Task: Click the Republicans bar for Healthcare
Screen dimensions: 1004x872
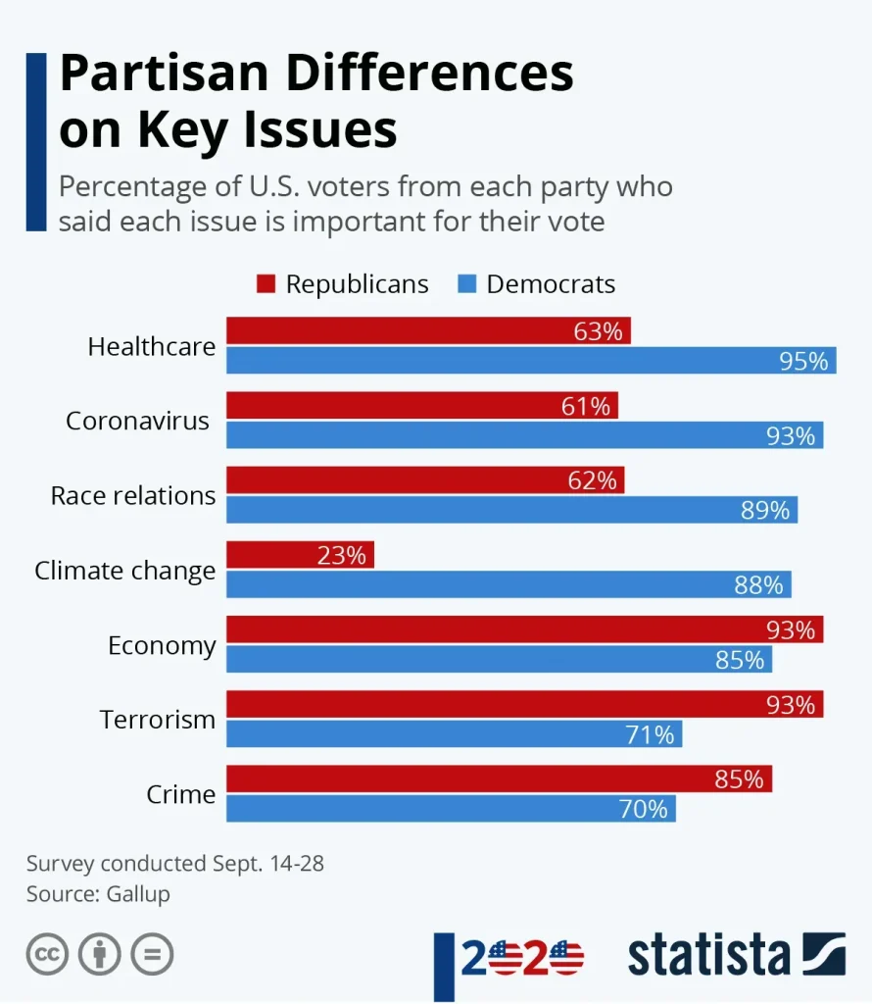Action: click(428, 331)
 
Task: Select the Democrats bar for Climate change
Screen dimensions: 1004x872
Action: click(509, 584)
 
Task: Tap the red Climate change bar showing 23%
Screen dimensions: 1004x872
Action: click(300, 555)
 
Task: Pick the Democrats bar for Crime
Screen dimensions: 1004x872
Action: click(451, 809)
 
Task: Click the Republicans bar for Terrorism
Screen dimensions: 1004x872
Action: click(524, 704)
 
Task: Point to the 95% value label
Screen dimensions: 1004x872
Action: click(803, 361)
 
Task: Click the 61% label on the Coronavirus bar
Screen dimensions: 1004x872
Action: click(586, 406)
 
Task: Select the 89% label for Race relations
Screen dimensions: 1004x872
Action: click(765, 510)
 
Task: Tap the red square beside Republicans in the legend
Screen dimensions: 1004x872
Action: click(266, 284)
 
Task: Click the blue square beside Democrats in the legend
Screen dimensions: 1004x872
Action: click(466, 284)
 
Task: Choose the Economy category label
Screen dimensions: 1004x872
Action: click(162, 646)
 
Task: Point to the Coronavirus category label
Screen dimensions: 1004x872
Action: click(137, 421)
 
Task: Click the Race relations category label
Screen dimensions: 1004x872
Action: click(133, 495)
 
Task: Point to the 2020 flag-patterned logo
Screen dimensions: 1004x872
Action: click(521, 957)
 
